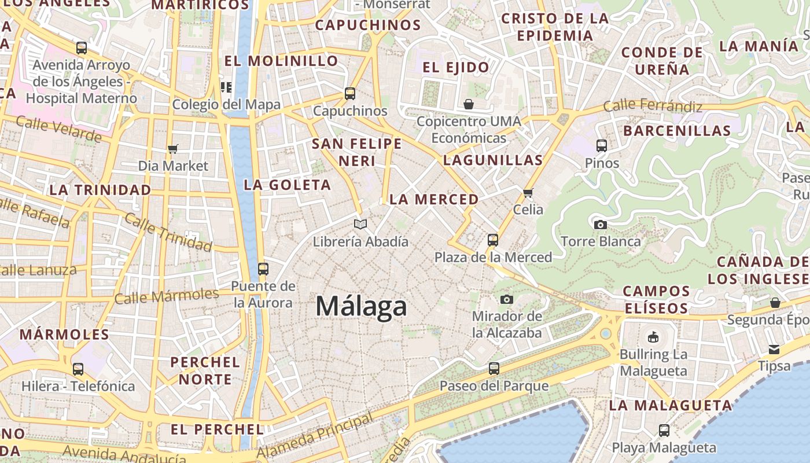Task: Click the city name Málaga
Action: point(361,306)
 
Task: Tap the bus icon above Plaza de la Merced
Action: point(493,240)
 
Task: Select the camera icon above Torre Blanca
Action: point(601,225)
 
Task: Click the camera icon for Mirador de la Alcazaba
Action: point(507,299)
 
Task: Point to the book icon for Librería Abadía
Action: point(360,224)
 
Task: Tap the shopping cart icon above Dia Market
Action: point(172,149)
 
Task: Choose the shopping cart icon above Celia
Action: point(528,193)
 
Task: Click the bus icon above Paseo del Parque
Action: point(494,368)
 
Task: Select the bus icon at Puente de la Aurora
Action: point(263,269)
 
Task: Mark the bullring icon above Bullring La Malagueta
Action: point(653,337)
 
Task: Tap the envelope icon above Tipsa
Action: point(774,349)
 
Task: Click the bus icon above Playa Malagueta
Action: point(664,431)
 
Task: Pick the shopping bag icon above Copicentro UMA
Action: point(469,104)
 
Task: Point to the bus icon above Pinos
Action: point(602,145)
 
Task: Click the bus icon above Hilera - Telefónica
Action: point(78,369)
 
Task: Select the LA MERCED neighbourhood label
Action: point(434,200)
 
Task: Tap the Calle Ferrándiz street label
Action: point(652,106)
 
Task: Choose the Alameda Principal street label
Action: point(315,436)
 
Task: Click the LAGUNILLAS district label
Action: point(493,160)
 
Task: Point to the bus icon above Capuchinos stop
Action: point(349,93)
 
